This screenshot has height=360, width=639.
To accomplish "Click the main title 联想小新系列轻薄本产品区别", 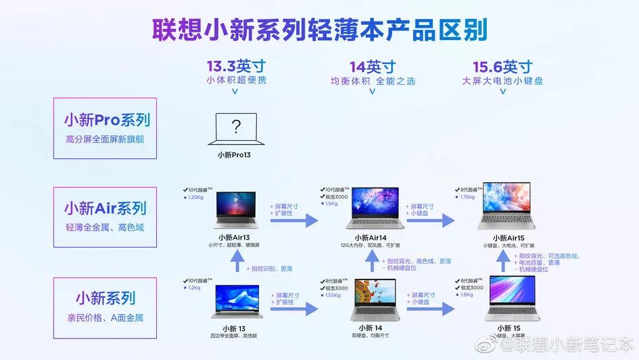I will click(x=318, y=31).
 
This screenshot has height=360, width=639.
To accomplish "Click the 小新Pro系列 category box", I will click(x=105, y=129).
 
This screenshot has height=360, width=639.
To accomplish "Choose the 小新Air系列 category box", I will click(x=105, y=215).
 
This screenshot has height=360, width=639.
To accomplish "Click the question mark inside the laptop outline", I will click(x=235, y=127).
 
